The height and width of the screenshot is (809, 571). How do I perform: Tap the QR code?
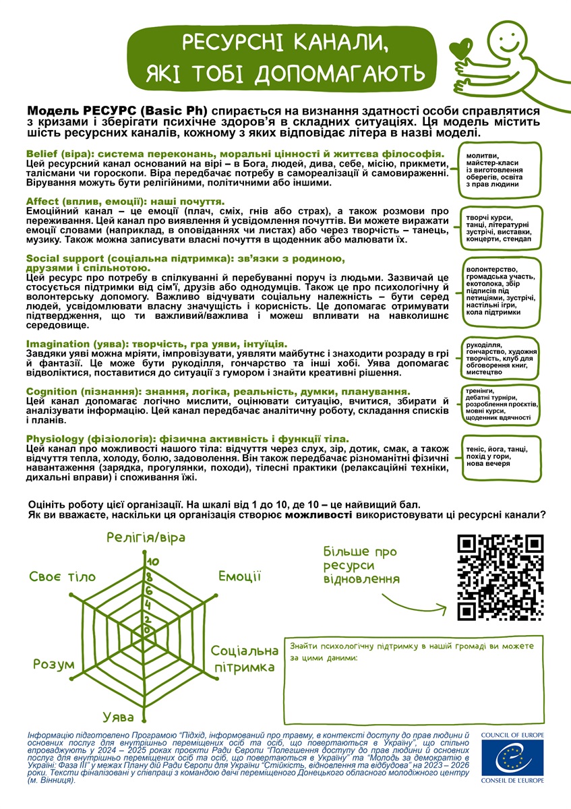pyautogui.click(x=500, y=576)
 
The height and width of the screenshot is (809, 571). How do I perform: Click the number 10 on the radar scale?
pyautogui.click(x=153, y=562)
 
